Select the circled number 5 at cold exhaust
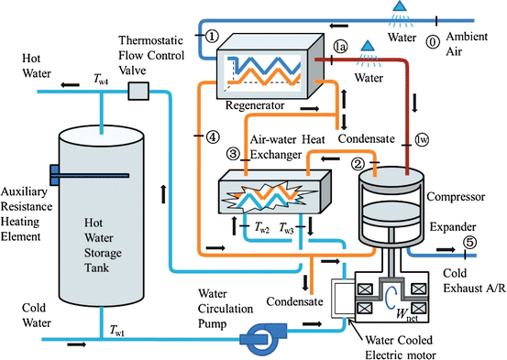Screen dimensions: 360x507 [x=468, y=243]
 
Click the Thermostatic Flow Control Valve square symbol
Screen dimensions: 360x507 [x=138, y=90]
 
